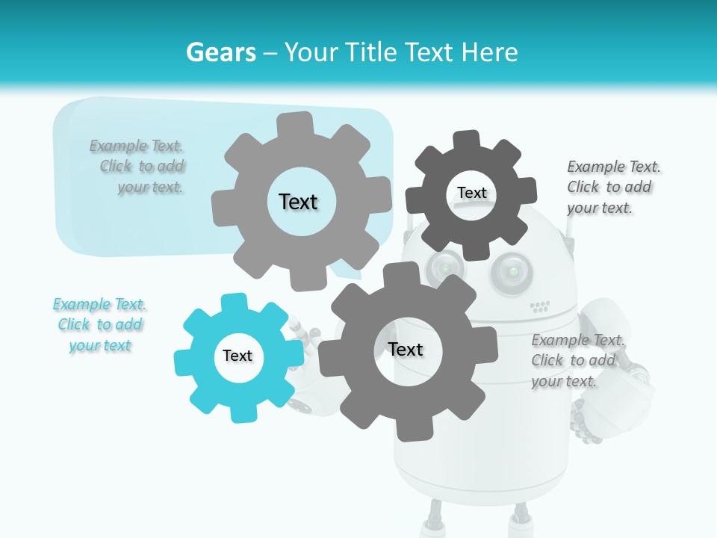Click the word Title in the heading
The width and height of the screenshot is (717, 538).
click(370, 52)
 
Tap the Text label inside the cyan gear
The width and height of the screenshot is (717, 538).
click(238, 356)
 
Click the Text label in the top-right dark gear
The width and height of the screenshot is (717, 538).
click(471, 194)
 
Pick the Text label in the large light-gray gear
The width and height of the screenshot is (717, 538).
click(298, 202)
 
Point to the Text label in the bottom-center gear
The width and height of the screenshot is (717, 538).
click(406, 350)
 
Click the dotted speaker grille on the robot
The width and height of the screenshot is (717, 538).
click(540, 306)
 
